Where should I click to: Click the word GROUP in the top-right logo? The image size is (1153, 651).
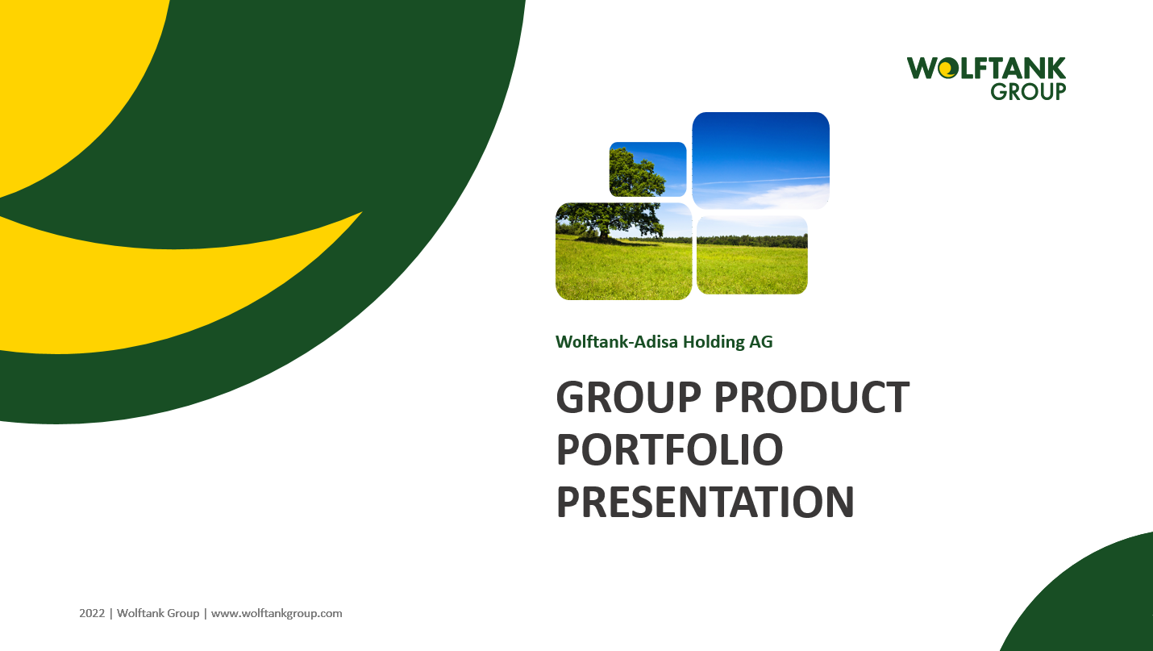coord(1028,91)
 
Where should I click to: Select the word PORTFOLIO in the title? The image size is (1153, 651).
coord(670,449)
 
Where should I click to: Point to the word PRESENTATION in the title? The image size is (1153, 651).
coord(706,502)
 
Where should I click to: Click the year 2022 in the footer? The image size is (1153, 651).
coord(92,613)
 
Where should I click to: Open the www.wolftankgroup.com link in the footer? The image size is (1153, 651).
coord(277,613)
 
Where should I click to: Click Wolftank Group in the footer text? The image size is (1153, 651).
coord(158,613)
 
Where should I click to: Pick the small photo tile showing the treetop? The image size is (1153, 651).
coord(647,169)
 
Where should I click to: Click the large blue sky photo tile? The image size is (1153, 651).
coord(761,161)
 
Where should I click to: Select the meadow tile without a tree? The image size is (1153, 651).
coord(752,256)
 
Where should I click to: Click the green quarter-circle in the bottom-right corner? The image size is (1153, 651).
coord(1091,603)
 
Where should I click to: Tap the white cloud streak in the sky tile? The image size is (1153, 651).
coord(762,181)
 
